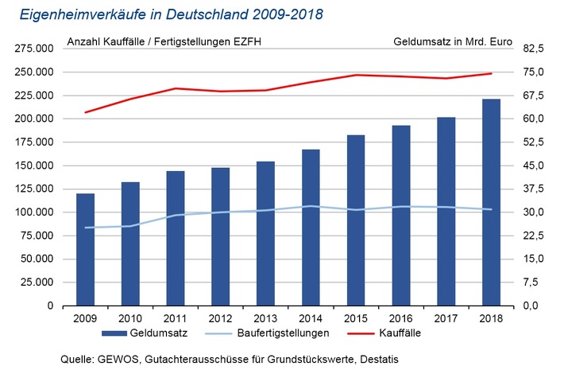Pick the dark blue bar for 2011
point(176,238)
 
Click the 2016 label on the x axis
point(400,317)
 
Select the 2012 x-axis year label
point(220,317)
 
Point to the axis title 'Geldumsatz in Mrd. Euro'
point(452,40)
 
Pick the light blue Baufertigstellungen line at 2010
point(130,226)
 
